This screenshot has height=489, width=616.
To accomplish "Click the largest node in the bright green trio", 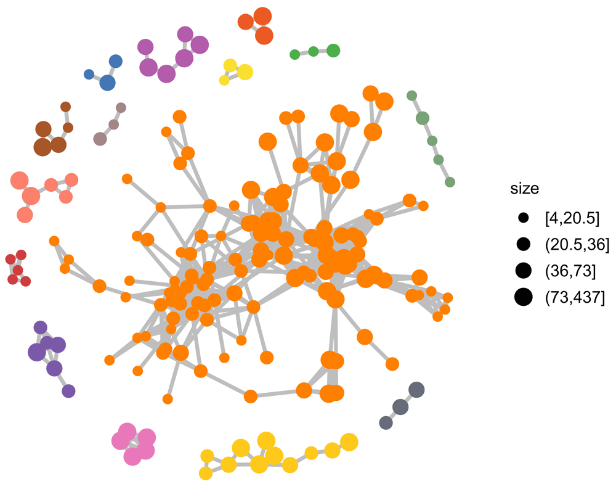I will coord(333,51).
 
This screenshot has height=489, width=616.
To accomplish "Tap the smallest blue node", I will coord(89,74).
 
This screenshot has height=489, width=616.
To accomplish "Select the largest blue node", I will coord(107,82).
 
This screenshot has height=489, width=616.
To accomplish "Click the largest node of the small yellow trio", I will coord(245,72).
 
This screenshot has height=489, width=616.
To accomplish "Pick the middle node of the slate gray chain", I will coord(400,407).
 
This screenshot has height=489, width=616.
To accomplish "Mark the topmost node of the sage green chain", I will coord(412,95).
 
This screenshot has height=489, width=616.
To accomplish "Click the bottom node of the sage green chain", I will coord(450,182).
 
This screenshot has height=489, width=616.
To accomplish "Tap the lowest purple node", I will coord(68,390).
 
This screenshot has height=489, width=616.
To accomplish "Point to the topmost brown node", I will coord(65,107).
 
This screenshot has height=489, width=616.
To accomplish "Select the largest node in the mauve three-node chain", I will coord(100,139).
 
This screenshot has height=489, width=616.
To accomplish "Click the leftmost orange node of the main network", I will coord(54,240).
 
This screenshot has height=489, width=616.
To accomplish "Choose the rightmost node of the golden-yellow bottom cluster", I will coord(349,442).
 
